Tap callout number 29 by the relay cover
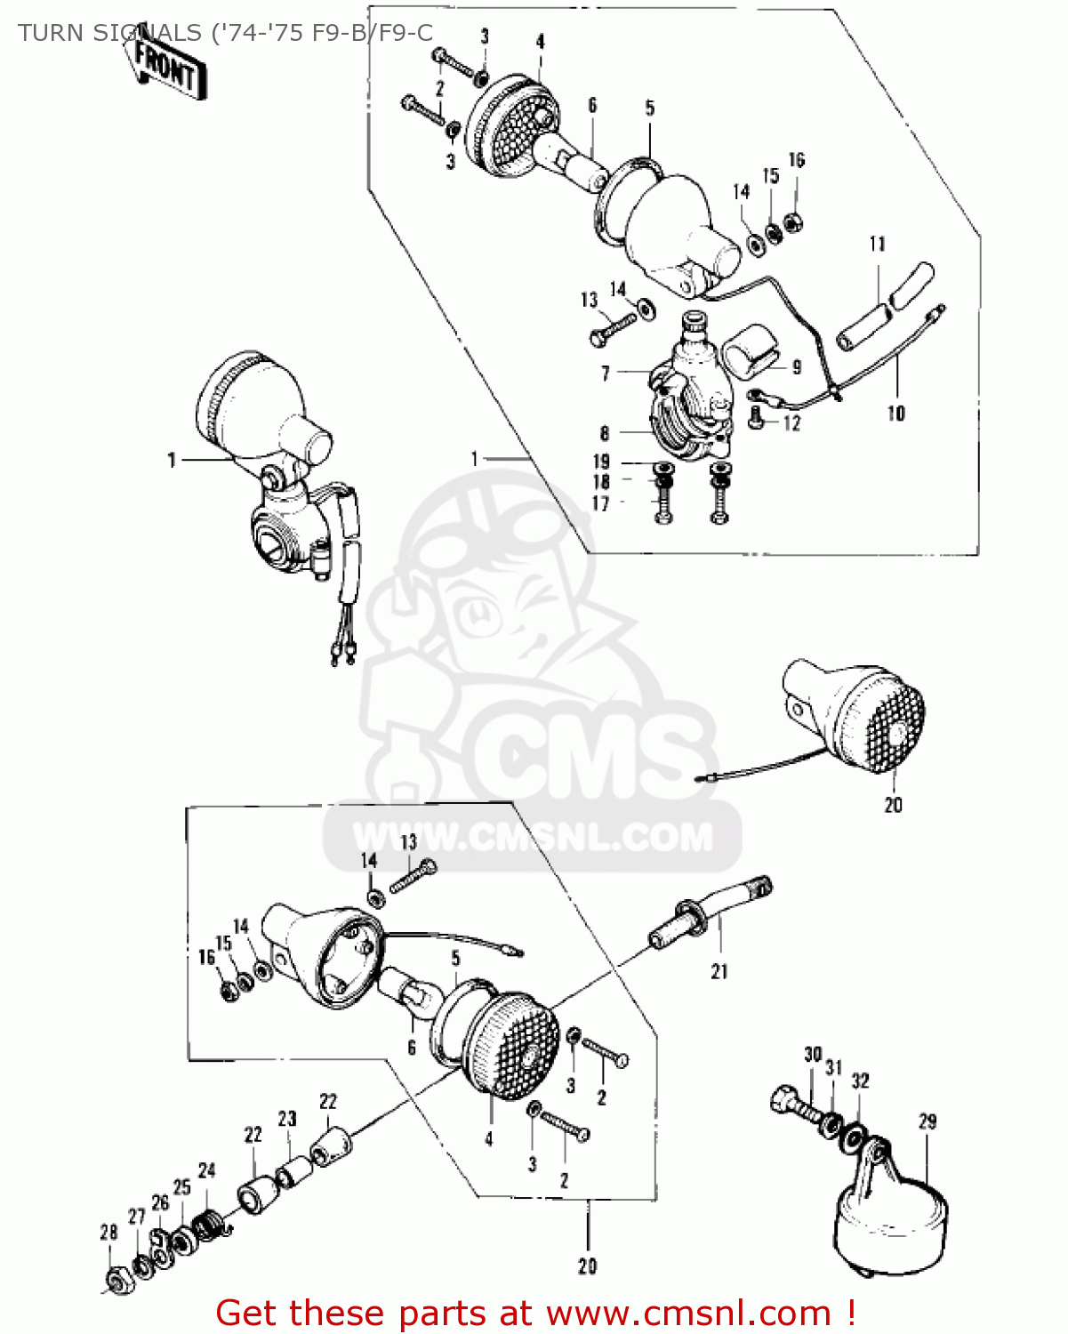point(927,1121)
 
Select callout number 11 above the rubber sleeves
point(878,244)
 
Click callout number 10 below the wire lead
point(895,413)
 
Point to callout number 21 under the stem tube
point(719,971)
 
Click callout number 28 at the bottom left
point(108,1233)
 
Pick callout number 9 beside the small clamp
point(796,366)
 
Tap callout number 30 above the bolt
point(813,1055)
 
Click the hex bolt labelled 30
point(791,1105)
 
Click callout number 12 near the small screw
point(791,423)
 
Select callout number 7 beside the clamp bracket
point(605,374)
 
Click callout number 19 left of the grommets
point(602,462)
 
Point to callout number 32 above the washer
point(860,1081)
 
